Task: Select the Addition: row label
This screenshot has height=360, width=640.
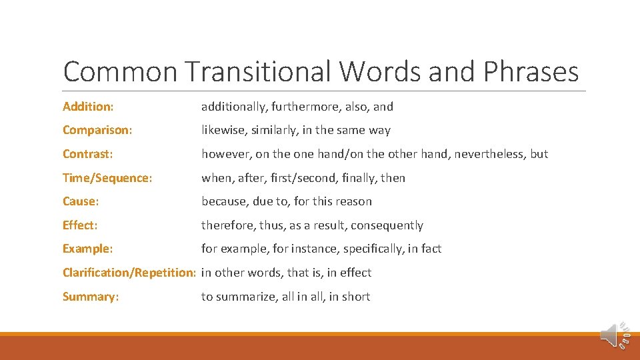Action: point(88,107)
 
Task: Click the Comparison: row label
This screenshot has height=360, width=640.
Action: point(97,130)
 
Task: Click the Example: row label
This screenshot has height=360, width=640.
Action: point(87,249)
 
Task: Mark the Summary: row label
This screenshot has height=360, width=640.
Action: point(91,297)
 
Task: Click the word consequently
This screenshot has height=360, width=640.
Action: point(387,225)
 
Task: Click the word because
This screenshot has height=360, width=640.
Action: point(224,201)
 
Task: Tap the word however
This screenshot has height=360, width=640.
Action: point(225,154)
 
